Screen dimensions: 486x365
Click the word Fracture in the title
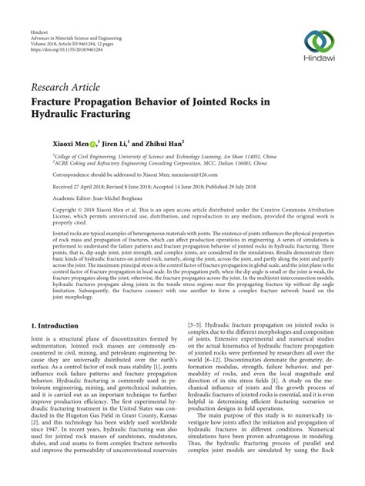pyautogui.click(x=56, y=101)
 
